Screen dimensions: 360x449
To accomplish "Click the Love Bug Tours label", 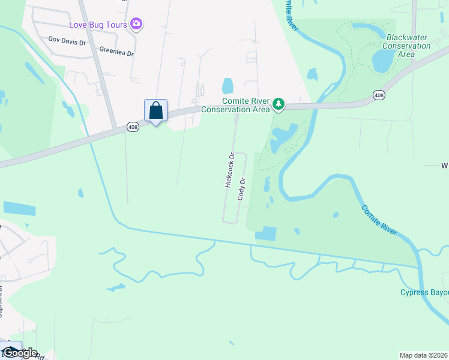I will pos(98,24).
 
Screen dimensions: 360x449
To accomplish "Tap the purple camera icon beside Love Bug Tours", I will pos(137,24).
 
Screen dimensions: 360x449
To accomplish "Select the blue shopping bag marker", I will pos(155,111).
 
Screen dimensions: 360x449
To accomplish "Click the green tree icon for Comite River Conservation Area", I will pos(279,104).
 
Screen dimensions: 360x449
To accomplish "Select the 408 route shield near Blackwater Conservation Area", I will pos(378,95).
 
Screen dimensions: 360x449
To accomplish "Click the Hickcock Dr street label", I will pos(229,171).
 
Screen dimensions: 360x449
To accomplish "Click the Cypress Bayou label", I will pos(424,292).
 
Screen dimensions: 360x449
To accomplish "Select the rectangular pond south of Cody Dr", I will pos(266,234).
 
